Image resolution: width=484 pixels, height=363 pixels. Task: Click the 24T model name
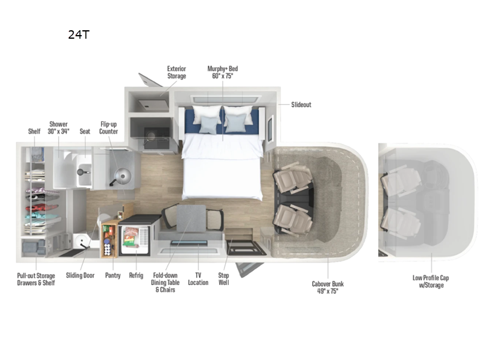[79, 34]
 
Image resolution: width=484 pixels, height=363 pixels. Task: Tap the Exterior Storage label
[177, 73]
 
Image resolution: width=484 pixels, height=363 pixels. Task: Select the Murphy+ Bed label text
[223, 73]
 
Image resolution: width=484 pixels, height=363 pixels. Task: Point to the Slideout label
[301, 105]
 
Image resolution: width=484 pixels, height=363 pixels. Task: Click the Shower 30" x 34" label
[59, 127]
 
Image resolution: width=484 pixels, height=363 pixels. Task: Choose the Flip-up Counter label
[109, 127]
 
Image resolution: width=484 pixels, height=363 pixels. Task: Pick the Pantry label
[113, 275]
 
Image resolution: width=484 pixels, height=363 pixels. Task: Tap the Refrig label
[136, 275]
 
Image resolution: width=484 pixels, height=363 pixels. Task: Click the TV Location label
[198, 279]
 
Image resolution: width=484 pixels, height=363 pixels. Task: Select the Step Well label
[223, 279]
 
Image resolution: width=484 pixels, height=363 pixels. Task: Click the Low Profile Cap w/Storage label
[431, 281]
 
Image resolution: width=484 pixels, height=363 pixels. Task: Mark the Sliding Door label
[82, 275]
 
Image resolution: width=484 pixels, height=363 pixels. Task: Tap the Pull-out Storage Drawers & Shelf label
[36, 279]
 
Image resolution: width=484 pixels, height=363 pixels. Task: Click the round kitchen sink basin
[123, 177]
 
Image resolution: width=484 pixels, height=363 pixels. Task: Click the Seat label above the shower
[85, 131]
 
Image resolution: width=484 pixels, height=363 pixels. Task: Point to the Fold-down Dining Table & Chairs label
[166, 283]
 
